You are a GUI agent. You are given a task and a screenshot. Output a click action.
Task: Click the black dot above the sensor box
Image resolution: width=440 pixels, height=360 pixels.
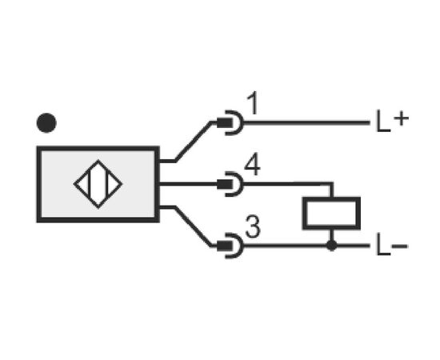pos(46,123)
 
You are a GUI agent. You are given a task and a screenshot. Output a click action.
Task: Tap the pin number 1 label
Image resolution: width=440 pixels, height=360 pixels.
pos(253,103)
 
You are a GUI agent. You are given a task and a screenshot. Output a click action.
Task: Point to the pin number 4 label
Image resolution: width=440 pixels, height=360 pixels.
pos(253,166)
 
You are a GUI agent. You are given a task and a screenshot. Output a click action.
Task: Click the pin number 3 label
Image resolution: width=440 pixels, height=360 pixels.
pos(253,226)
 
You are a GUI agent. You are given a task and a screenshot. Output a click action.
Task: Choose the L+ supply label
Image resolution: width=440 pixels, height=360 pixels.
pos(392,121)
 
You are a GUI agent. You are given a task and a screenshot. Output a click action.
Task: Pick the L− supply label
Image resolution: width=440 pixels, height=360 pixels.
pos(392,246)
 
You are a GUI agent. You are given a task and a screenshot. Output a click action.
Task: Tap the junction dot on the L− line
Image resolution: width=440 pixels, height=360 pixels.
pos(332,246)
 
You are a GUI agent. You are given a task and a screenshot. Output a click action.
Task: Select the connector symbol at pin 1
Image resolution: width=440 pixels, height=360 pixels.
pos(230,123)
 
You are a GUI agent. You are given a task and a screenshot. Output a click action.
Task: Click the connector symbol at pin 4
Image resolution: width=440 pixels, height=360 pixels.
pos(230,184)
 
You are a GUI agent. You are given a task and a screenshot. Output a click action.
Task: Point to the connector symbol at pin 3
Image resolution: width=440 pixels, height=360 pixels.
pos(230,246)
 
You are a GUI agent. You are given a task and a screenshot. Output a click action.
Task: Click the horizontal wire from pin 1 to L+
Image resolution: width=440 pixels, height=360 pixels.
pos(306,122)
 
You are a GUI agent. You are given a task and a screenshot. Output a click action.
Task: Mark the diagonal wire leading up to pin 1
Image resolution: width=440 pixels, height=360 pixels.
pos(193,142)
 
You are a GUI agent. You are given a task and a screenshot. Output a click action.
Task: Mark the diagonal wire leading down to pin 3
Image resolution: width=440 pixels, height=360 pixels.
pos(193,226)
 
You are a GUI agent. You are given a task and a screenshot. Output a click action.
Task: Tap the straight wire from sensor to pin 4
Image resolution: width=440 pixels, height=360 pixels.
pos(188,184)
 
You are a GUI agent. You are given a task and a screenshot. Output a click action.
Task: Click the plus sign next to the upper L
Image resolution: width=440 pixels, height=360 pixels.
pos(402,118)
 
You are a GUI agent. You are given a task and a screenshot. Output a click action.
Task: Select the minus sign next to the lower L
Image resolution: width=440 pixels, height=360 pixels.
pos(399,246)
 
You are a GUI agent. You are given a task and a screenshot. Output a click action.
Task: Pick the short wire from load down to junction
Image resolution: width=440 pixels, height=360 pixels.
pos(332,235)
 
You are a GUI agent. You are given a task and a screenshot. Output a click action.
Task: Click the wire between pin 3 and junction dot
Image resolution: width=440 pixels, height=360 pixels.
pos(285,246)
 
